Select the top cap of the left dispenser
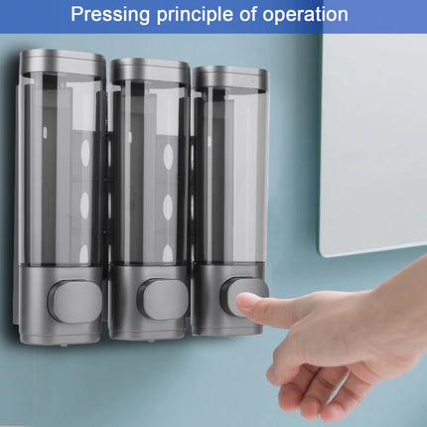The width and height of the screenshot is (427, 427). click(63, 65)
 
